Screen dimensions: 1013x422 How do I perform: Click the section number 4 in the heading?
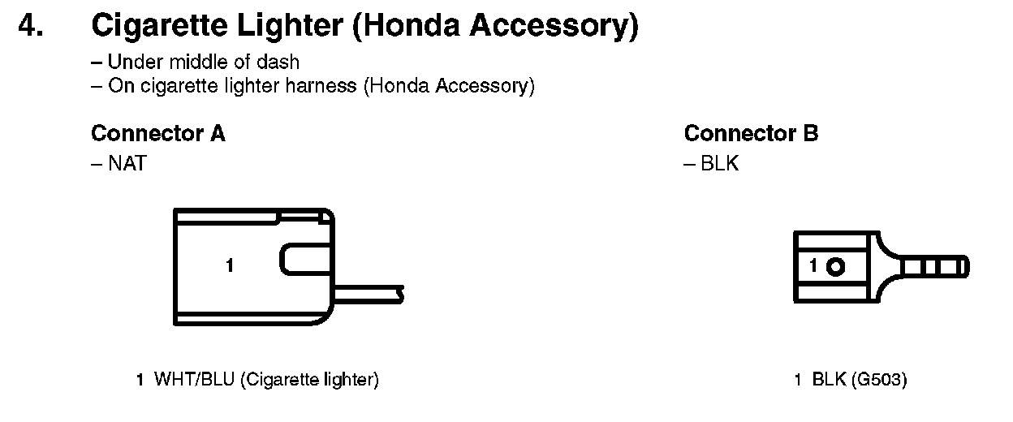click(x=31, y=27)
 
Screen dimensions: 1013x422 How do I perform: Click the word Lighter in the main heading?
click(x=291, y=27)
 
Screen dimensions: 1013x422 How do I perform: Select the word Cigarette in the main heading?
click(x=156, y=27)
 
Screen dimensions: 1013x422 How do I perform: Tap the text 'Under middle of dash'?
click(x=203, y=62)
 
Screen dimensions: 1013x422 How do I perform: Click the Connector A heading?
click(x=158, y=133)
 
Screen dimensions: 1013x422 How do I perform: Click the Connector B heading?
click(x=751, y=133)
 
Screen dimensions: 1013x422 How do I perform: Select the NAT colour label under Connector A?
click(x=127, y=165)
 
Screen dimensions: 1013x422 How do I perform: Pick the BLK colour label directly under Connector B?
click(x=719, y=165)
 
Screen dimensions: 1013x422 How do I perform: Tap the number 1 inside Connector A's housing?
click(x=230, y=265)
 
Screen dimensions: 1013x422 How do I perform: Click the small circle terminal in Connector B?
click(x=837, y=266)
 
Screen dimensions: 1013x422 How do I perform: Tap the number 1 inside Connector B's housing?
click(x=813, y=266)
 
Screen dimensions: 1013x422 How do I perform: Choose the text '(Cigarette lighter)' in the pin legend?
click(x=309, y=379)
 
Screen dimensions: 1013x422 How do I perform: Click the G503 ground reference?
click(x=879, y=379)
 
